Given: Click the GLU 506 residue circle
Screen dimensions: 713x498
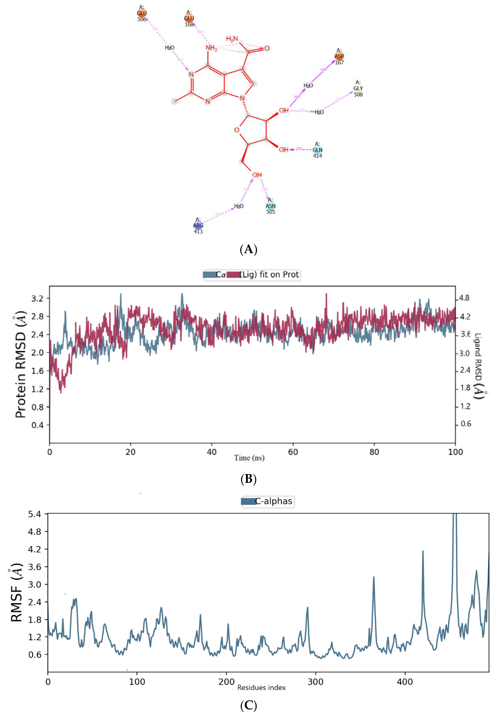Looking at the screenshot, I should tap(142, 13).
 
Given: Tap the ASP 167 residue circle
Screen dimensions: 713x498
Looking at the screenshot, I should tap(339, 56).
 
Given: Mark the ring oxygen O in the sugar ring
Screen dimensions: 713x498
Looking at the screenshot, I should tap(237, 130).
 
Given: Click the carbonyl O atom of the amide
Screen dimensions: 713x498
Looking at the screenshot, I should tap(267, 48).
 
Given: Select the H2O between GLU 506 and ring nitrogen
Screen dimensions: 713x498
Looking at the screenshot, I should tap(169, 48).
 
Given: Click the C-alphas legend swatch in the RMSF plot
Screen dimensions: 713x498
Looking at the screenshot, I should tap(248, 501).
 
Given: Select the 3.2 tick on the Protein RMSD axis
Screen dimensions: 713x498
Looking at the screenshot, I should tap(37, 298).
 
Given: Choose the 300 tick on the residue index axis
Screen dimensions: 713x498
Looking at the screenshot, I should tap(316, 682).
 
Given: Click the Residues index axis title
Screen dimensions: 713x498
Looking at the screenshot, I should tap(262, 688).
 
